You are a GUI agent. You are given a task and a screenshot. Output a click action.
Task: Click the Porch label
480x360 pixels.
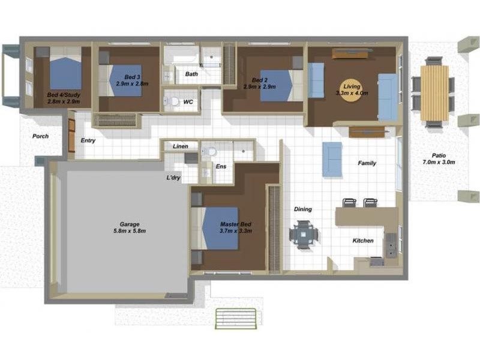click(x=40, y=136)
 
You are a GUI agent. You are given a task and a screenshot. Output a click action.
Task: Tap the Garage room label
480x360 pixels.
click(x=130, y=224)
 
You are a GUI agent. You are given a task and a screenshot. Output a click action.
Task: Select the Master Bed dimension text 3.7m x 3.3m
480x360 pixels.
click(x=236, y=231)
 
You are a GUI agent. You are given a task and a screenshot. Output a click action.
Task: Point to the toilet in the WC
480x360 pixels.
click(x=172, y=101)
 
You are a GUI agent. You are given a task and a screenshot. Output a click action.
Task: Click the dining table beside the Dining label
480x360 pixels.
click(x=304, y=235)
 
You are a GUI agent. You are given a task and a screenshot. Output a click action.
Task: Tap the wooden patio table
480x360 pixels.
click(x=434, y=93)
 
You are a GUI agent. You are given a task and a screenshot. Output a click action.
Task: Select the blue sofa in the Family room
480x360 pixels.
click(x=332, y=159)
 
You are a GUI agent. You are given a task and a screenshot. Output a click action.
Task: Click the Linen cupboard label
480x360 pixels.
click(x=181, y=146)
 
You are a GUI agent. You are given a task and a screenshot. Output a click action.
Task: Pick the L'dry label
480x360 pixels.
click(x=173, y=178)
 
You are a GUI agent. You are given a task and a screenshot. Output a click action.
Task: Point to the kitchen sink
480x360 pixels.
click(x=391, y=245)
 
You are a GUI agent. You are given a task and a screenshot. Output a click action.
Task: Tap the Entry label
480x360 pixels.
click(x=88, y=140)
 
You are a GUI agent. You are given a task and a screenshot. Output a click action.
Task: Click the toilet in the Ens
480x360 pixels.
click(x=210, y=151)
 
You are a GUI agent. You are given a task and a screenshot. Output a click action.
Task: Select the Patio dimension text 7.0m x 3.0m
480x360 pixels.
click(x=439, y=162)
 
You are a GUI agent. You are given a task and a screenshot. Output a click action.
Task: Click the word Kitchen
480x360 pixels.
click(x=363, y=241)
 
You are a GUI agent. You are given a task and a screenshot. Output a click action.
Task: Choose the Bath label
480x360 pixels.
click(x=191, y=74)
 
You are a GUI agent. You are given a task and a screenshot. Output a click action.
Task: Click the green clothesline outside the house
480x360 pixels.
click(x=236, y=319)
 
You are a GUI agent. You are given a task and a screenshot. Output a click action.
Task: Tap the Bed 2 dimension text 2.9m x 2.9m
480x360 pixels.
click(x=260, y=86)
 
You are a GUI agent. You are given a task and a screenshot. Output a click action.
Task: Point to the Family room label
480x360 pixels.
click(x=367, y=163)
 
